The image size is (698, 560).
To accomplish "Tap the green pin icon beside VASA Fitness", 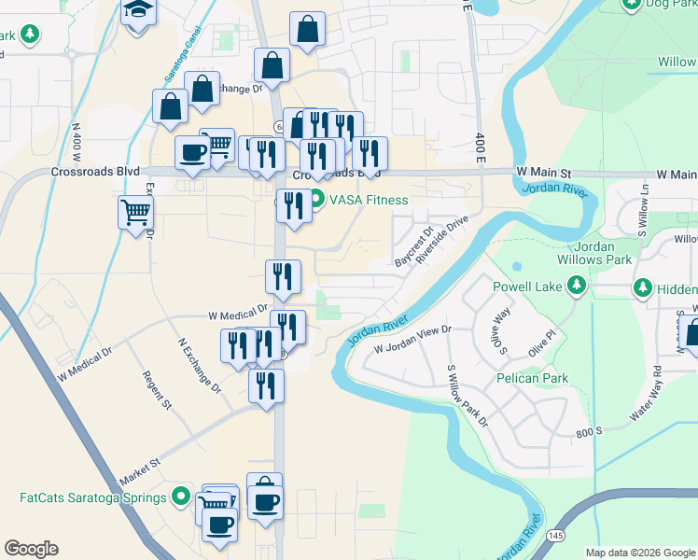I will pos(315,200).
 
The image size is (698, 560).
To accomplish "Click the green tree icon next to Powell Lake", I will pos(579,285).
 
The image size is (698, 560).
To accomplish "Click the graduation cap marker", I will pos(138,12).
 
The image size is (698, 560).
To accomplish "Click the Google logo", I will pos(32,549).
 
